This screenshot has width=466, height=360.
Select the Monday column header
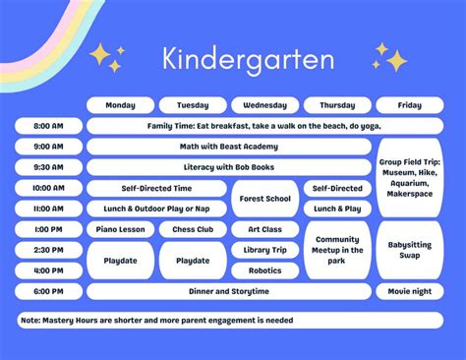pyautogui.click(x=120, y=105)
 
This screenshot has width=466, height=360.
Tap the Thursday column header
pyautogui.click(x=337, y=105)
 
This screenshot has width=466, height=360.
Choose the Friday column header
pyautogui.click(x=409, y=105)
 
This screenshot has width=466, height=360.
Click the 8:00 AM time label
pyautogui.click(x=48, y=126)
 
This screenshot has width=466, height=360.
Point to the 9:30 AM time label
pyautogui.click(x=48, y=167)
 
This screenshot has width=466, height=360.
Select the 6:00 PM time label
pyautogui.click(x=48, y=291)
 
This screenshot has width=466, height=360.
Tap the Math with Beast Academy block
pyautogui.click(x=229, y=147)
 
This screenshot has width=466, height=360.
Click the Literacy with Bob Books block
pyautogui.click(x=229, y=167)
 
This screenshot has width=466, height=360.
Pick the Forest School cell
pyautogui.click(x=264, y=198)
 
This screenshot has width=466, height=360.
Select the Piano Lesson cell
pyautogui.click(x=120, y=229)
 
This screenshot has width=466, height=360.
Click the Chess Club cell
pyautogui.click(x=193, y=229)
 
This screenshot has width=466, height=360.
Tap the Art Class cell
pyautogui.click(x=264, y=229)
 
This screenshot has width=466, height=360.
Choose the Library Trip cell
pyautogui.click(x=264, y=250)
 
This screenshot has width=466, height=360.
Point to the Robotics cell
pyautogui.click(x=264, y=270)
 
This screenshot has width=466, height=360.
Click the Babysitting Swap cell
pyautogui.click(x=409, y=250)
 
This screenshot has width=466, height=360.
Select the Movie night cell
pyautogui.click(x=409, y=291)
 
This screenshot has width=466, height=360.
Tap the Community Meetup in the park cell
pyautogui.click(x=337, y=250)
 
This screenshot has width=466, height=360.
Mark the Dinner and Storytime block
pyautogui.click(x=229, y=291)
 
